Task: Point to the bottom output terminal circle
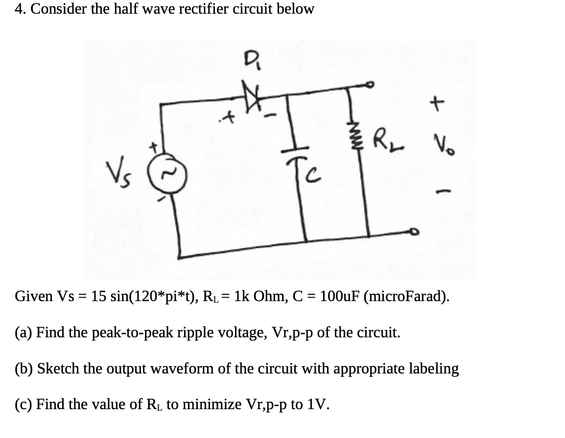414,233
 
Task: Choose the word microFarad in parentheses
404,297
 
